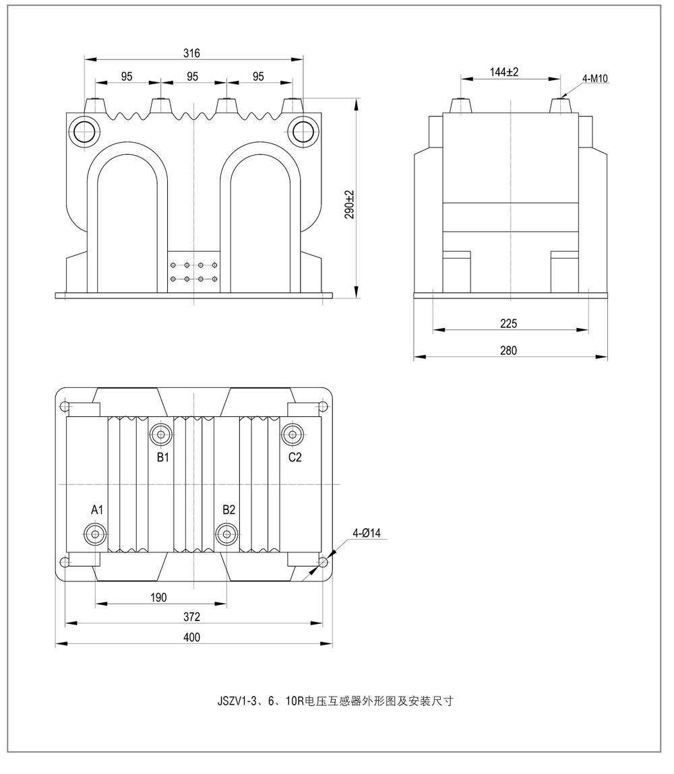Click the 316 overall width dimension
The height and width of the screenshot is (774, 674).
click(193, 53)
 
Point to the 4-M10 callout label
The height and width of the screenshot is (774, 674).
click(595, 79)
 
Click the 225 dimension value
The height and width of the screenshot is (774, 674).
click(509, 324)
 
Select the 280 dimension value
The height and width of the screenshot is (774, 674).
click(509, 350)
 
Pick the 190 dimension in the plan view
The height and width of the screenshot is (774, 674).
click(159, 598)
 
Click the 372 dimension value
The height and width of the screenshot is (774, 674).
click(192, 617)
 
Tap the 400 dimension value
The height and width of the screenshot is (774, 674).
click(192, 638)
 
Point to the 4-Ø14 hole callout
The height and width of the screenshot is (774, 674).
click(367, 534)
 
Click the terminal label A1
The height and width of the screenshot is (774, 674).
click(97, 509)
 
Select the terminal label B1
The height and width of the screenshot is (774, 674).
click(162, 457)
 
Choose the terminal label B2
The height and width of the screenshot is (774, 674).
click(229, 509)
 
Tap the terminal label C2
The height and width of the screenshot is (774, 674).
click(295, 457)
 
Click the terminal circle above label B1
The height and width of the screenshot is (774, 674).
click(161, 433)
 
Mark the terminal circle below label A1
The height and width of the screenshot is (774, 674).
click(95, 534)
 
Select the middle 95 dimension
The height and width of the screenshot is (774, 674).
click(193, 77)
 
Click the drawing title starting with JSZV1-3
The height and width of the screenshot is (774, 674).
click(335, 701)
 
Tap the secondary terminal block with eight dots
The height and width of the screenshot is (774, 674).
click(193, 272)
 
